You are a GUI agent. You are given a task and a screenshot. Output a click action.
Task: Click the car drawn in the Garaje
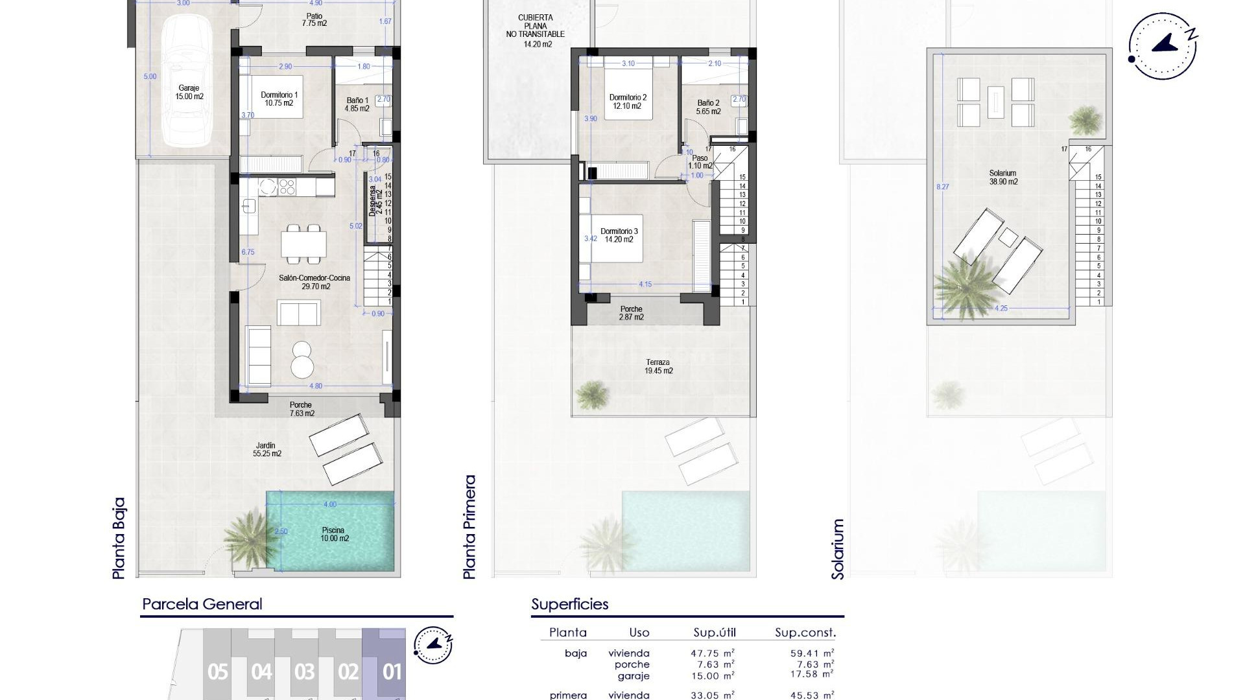tap(186, 81)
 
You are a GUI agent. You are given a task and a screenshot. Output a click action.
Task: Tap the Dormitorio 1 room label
tap(279, 99)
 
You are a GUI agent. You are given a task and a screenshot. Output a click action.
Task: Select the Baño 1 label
tap(357, 104)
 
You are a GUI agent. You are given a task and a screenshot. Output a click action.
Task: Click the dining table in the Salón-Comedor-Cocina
tap(303, 244)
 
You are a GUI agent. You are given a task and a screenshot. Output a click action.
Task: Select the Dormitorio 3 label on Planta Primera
tap(619, 235)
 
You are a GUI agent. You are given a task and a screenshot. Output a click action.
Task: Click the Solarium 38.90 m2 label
tap(1002, 178)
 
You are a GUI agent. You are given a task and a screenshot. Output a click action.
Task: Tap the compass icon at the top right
tap(1162, 47)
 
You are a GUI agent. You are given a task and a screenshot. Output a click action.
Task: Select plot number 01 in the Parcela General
tap(392, 671)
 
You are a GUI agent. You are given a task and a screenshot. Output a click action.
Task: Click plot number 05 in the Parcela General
tap(218, 671)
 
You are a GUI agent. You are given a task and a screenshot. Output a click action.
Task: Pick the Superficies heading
tap(569, 604)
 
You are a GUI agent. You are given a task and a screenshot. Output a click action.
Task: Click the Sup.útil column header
tap(715, 633)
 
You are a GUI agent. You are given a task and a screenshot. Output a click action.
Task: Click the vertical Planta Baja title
tap(118, 538)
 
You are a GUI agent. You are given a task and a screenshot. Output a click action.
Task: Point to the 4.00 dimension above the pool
tap(329, 504)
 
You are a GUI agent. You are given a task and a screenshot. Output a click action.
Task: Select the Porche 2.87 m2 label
tap(631, 313)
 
